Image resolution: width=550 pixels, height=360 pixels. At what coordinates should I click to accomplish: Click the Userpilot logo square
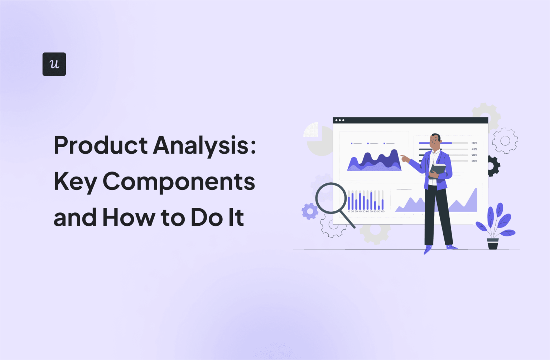pyautogui.click(x=54, y=64)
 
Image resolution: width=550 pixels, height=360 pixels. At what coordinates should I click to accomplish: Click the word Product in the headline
pyautogui.click(x=101, y=145)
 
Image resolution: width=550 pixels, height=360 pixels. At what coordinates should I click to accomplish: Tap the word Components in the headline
pyautogui.click(x=179, y=181)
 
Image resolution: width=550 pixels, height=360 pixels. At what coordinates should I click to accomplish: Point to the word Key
pyautogui.click(x=75, y=182)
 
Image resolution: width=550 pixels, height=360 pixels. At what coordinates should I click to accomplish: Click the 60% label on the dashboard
pyautogui.click(x=474, y=143)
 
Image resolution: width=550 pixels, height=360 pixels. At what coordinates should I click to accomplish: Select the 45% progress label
pyautogui.click(x=474, y=149)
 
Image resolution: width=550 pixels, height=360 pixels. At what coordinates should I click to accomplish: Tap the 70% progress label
pyautogui.click(x=474, y=155)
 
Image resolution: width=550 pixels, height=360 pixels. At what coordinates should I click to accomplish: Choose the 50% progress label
pyautogui.click(x=474, y=161)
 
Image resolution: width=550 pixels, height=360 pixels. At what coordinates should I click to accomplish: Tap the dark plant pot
pyautogui.click(x=493, y=244)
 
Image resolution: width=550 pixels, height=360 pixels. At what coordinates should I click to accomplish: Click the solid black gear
pyautogui.click(x=494, y=166)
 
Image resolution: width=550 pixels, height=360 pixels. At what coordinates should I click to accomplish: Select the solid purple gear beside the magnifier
pyautogui.click(x=310, y=211)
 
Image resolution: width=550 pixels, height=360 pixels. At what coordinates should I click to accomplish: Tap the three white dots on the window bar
pyautogui.click(x=340, y=120)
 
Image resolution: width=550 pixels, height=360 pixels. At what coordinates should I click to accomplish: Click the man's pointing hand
pyautogui.click(x=405, y=158)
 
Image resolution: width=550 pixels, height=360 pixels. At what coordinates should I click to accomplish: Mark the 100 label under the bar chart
pyautogui.click(x=382, y=211)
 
